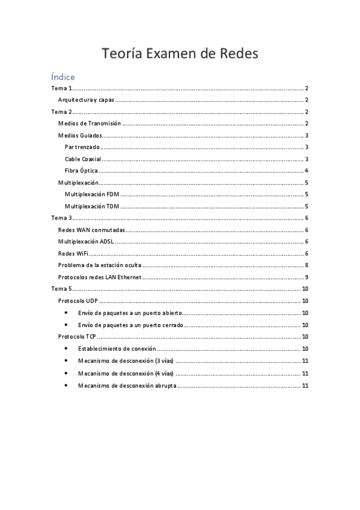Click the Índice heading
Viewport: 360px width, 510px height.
coord(63,77)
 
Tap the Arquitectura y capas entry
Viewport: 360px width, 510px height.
coord(86,100)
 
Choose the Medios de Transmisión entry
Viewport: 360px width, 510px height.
coord(90,123)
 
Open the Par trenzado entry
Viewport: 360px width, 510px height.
coord(82,147)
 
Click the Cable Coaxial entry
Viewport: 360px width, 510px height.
coord(83,159)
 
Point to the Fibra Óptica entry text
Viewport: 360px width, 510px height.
coord(82,171)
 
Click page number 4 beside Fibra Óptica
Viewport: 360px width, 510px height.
coord(307,171)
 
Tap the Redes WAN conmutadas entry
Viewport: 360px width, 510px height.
coord(91,230)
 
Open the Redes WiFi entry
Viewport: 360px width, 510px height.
coord(73,254)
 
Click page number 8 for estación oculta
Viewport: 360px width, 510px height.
coord(307,265)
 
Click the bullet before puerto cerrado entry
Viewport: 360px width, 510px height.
coord(65,325)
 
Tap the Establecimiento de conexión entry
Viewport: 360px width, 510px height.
coord(117,348)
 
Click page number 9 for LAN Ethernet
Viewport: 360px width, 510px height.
coord(307,277)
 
